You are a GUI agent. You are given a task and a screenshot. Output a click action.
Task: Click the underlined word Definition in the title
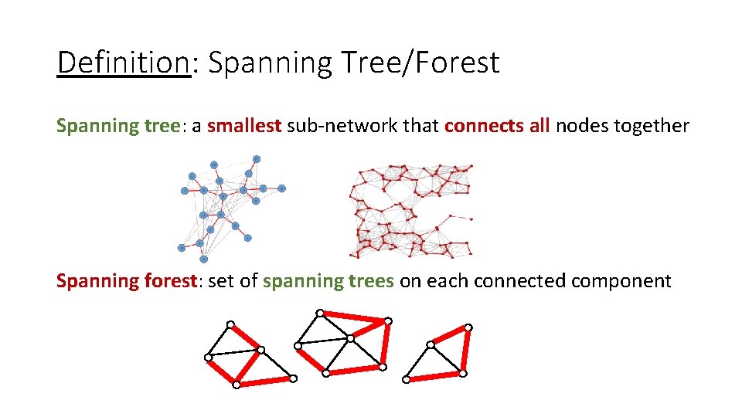pyautogui.click(x=124, y=63)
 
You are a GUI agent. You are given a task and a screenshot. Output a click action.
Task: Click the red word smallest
pyautogui.click(x=244, y=125)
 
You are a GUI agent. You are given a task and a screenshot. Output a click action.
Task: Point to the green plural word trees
pyautogui.click(x=371, y=280)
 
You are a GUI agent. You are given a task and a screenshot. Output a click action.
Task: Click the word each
pyautogui.click(x=448, y=280)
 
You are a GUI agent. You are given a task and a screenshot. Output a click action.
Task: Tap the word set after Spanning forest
pyautogui.click(x=221, y=280)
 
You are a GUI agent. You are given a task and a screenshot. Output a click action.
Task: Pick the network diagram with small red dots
pyautogui.click(x=410, y=210)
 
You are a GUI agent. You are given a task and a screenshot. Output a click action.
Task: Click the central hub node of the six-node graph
pyautogui.click(x=350, y=338)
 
